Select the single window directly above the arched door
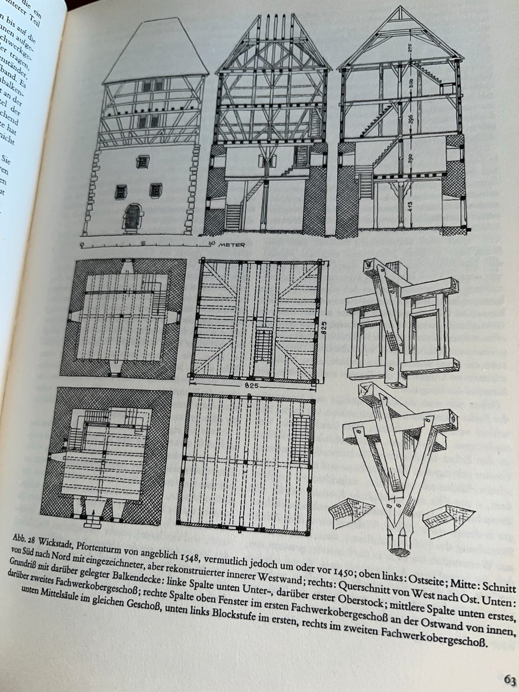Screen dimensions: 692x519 pos(142,161)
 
